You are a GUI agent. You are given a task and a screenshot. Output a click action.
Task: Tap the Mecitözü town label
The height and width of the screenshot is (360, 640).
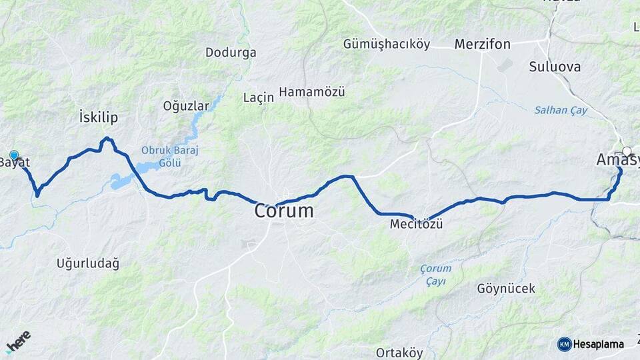tap(416, 225)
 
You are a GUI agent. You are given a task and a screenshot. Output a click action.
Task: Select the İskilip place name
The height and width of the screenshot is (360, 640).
tap(98, 118)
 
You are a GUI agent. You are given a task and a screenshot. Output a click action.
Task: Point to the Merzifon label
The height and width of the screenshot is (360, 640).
tap(482, 45)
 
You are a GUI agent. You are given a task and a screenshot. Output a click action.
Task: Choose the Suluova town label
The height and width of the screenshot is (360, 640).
tap(555, 67)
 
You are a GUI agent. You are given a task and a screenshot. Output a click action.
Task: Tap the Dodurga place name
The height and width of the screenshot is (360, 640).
tap(231, 52)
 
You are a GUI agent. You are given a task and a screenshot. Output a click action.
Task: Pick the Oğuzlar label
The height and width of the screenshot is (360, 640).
tap(186, 105)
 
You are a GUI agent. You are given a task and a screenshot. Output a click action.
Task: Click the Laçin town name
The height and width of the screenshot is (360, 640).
tap(259, 97)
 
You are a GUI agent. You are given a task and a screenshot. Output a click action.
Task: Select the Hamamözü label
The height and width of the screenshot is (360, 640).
tap(312, 92)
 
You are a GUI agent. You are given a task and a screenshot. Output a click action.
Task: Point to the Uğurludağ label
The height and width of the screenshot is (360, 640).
tap(88, 264)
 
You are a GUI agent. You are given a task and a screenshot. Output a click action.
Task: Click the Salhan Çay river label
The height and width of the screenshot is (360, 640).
tap(561, 111)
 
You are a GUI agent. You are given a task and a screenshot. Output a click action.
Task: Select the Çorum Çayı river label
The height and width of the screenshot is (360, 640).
tap(435, 275)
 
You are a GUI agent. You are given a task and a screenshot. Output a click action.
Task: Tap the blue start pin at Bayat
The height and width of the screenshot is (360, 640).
tap(14, 155)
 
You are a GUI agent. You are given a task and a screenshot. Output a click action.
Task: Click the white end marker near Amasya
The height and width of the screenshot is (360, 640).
tap(627, 151)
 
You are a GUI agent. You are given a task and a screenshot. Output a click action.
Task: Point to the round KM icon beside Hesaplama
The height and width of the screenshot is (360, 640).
tap(565, 344)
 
